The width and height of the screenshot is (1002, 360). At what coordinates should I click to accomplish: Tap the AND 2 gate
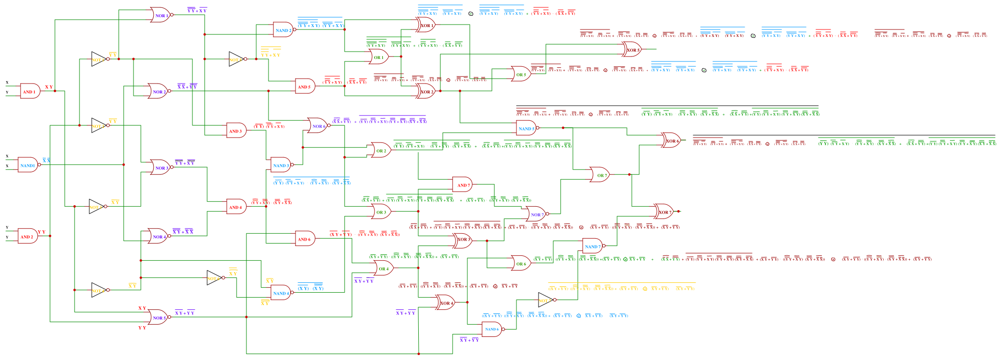pyautogui.click(x=27, y=236)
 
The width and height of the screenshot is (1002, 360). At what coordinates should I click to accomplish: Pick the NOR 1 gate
pyautogui.click(x=161, y=15)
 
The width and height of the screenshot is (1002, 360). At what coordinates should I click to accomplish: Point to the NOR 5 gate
pyautogui.click(x=158, y=317)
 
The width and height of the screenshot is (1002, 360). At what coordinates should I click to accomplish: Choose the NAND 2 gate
pyautogui.click(x=283, y=30)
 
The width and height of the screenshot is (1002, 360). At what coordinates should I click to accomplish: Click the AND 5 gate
pyautogui.click(x=304, y=86)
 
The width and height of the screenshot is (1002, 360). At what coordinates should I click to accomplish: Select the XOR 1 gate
pyautogui.click(x=425, y=25)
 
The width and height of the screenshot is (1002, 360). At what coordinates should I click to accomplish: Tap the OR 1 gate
pyautogui.click(x=379, y=57)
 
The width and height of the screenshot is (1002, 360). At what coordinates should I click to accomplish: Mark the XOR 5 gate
pyautogui.click(x=632, y=50)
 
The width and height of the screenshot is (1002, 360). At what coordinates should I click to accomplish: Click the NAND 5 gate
pyautogui.click(x=526, y=128)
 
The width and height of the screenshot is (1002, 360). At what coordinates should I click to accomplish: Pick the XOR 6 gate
pyautogui.click(x=672, y=140)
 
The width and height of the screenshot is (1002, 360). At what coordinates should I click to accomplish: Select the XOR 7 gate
pyautogui.click(x=664, y=212)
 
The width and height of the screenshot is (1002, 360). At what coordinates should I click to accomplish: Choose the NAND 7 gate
pyautogui.click(x=593, y=246)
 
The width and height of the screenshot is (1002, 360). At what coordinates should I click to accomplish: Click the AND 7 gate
pyautogui.click(x=462, y=185)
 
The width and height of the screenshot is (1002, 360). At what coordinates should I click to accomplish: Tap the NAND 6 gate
pyautogui.click(x=492, y=329)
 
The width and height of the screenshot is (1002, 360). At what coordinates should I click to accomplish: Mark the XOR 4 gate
pyautogui.click(x=446, y=303)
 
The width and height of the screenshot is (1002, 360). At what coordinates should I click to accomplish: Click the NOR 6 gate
pyautogui.click(x=318, y=126)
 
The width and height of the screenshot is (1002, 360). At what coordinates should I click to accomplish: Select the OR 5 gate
pyautogui.click(x=521, y=74)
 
